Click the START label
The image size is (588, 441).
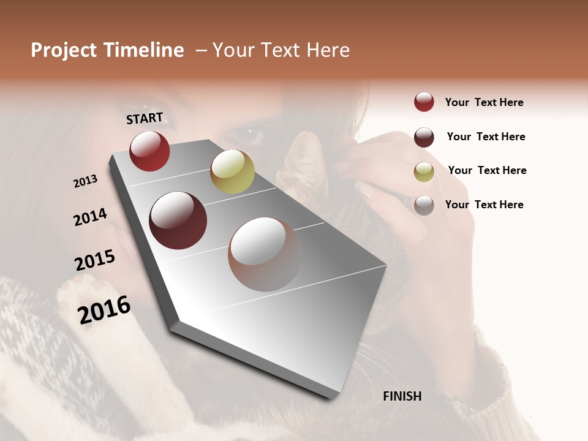pos(145,118)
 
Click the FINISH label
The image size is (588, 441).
pos(402,396)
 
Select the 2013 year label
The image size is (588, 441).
pos(85,181)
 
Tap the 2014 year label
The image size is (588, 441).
pos(90,217)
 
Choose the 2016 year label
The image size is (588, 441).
pos(104,310)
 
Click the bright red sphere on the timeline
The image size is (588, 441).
pos(149,151)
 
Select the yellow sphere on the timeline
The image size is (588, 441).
pos(232,171)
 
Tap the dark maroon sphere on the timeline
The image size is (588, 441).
pos(178,221)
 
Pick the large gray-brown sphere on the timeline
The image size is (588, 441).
pos(265,254)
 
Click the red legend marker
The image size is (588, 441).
pos(424,102)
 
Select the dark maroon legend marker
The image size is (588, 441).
pos(424,137)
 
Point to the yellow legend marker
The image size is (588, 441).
pos(424,171)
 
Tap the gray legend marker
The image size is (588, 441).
pos(424,205)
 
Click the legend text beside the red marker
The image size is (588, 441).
pos(484,102)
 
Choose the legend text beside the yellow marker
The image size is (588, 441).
pos(487,170)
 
